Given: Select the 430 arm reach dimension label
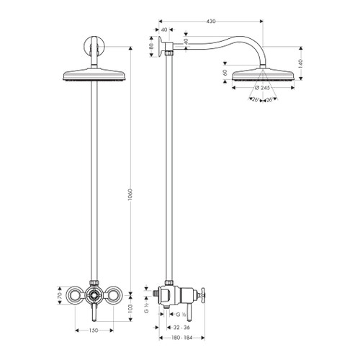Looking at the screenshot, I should click(210, 22).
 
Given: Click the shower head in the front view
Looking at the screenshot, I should click(94, 73).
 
